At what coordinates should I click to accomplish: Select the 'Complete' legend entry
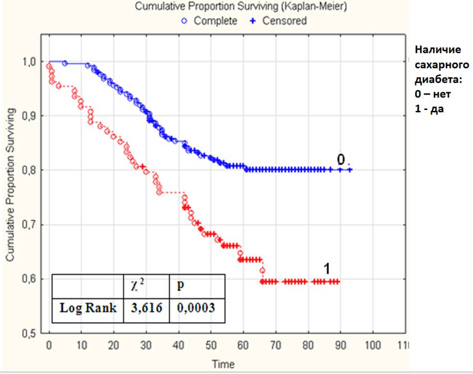pyautogui.click(x=215, y=21)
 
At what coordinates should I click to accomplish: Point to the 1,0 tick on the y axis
pyautogui.click(x=30, y=62)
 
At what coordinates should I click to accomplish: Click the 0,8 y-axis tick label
pyautogui.click(x=30, y=170)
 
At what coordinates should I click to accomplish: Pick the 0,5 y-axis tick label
pyautogui.click(x=30, y=333)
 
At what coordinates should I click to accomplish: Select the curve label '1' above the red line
pyautogui.click(x=327, y=269)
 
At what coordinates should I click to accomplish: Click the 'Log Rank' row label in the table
pyautogui.click(x=88, y=308)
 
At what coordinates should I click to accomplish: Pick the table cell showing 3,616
pyautogui.click(x=146, y=308)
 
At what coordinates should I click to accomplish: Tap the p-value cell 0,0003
pyautogui.click(x=196, y=308)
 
